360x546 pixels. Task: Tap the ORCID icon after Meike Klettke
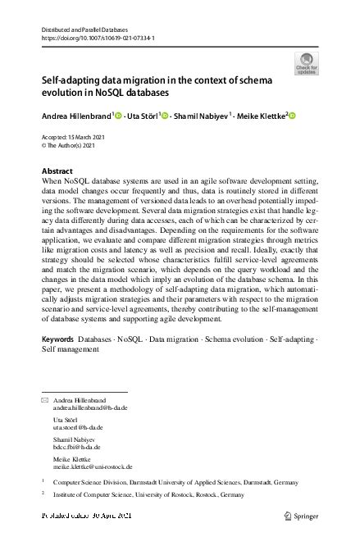[291, 116]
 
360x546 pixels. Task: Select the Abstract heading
[57, 171]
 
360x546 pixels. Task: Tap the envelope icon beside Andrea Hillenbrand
[44, 399]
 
